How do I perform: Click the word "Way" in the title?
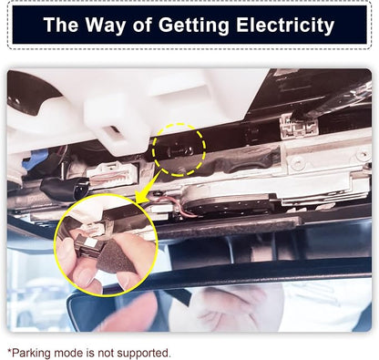105,26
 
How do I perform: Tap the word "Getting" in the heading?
194,26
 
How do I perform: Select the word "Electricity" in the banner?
285,26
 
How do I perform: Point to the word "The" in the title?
61,25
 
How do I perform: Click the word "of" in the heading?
142,25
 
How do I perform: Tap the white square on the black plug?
91,242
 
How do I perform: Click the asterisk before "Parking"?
9,351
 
